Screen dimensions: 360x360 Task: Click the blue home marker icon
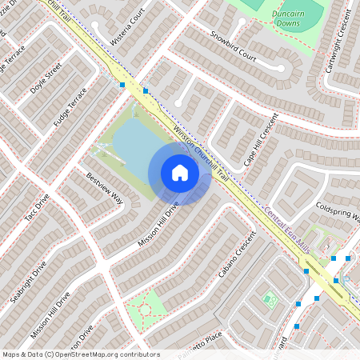coord(180,173)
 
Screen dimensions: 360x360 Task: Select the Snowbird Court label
coord(234,47)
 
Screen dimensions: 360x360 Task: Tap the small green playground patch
coord(270,301)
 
